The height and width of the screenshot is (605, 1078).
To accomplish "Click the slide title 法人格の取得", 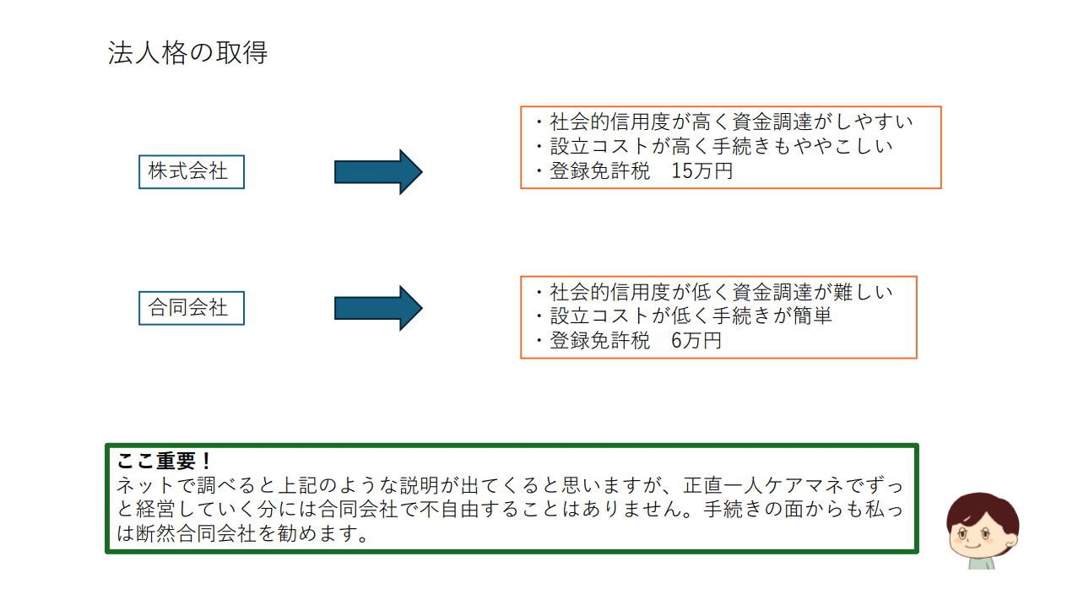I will (187, 53).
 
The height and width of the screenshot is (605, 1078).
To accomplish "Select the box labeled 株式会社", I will (191, 171).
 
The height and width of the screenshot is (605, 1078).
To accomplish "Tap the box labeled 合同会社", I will (191, 308).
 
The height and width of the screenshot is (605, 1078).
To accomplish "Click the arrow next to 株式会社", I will (377, 172).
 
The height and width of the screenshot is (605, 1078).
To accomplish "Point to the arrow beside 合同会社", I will (377, 308).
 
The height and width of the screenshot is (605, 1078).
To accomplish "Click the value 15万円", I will (702, 171).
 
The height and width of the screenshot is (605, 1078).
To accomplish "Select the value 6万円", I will (696, 341).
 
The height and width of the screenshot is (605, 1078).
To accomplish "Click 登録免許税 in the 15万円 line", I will (600, 171).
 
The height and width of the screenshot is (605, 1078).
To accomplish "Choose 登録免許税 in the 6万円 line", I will (600, 341).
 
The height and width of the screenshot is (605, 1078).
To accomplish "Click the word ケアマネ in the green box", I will (801, 487).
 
